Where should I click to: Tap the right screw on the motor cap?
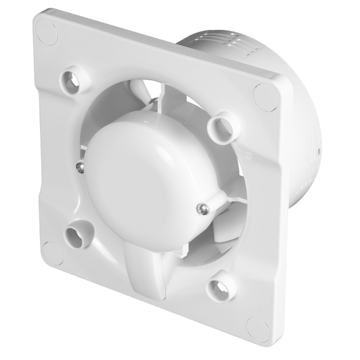203,207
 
